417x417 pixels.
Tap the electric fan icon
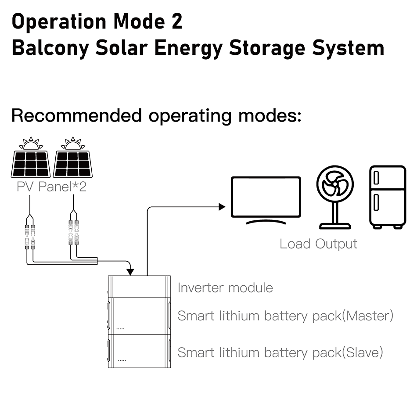pos(335,197)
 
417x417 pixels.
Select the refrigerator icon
pos(388,197)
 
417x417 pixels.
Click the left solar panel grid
pos(31,164)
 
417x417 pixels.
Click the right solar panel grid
pos(73,164)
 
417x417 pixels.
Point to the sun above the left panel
pos(31,143)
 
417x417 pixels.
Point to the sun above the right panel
pos(73,143)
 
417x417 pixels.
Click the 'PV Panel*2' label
pos(52,187)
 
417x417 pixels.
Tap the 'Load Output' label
pos(318,244)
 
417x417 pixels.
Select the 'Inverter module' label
pos(225,288)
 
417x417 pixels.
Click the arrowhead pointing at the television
pos(222,207)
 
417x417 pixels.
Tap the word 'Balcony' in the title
pos(50,48)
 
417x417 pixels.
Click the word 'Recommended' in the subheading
pos(76,116)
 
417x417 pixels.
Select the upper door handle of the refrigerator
pos(376,177)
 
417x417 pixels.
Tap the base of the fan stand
pos(335,226)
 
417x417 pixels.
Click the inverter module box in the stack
pos(139,287)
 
